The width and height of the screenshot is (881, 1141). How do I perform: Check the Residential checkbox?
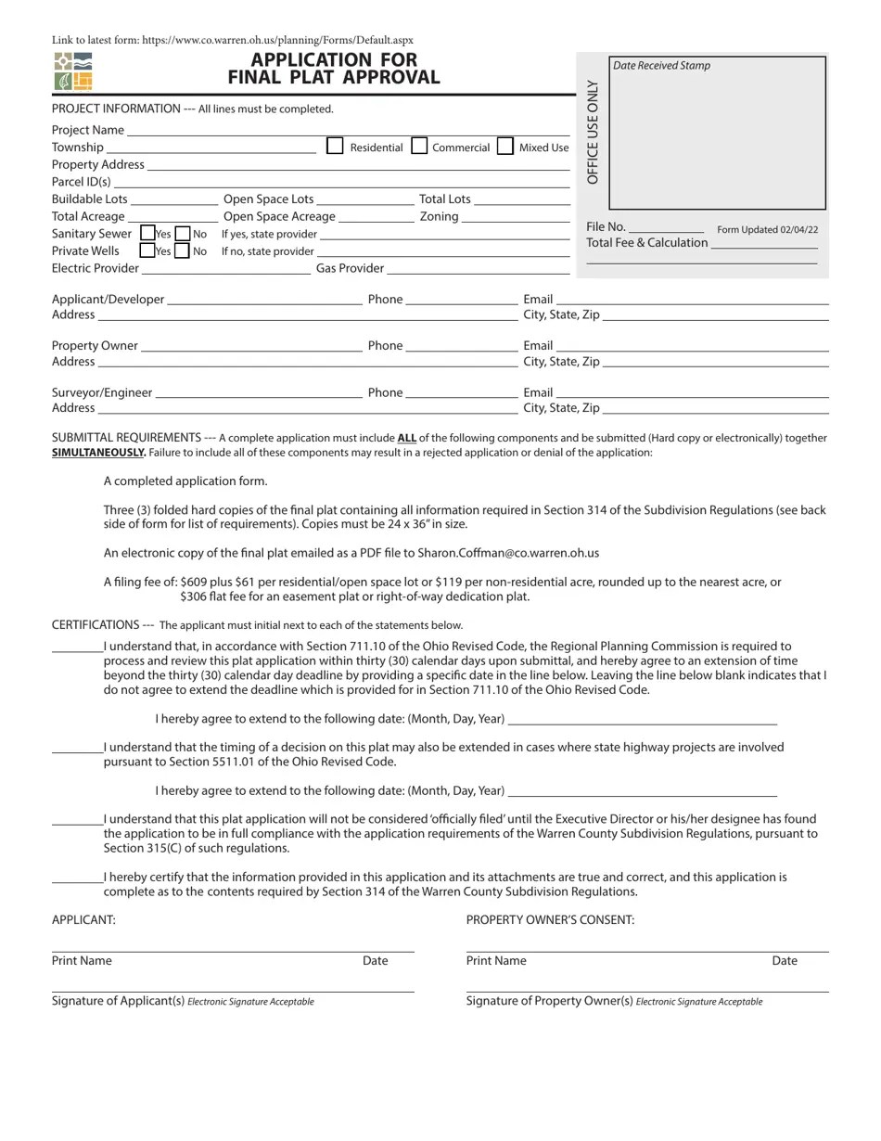click(x=336, y=146)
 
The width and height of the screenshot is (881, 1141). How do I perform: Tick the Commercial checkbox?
click(x=419, y=146)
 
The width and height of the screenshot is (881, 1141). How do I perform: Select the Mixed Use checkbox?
click(x=505, y=146)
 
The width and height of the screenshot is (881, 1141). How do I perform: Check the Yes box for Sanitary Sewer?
click(x=147, y=234)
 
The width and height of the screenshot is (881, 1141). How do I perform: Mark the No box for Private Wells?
click(x=183, y=250)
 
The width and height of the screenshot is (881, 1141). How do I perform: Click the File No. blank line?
click(x=666, y=231)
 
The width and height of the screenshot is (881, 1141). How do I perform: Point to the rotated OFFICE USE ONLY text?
click(x=594, y=133)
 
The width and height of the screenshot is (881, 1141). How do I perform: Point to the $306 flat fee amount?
click(x=196, y=596)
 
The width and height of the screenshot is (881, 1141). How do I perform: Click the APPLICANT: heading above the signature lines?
click(x=83, y=919)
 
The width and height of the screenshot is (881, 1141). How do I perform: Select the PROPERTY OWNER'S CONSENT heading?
click(x=550, y=919)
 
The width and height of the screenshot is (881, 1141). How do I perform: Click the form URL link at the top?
click(x=277, y=40)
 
